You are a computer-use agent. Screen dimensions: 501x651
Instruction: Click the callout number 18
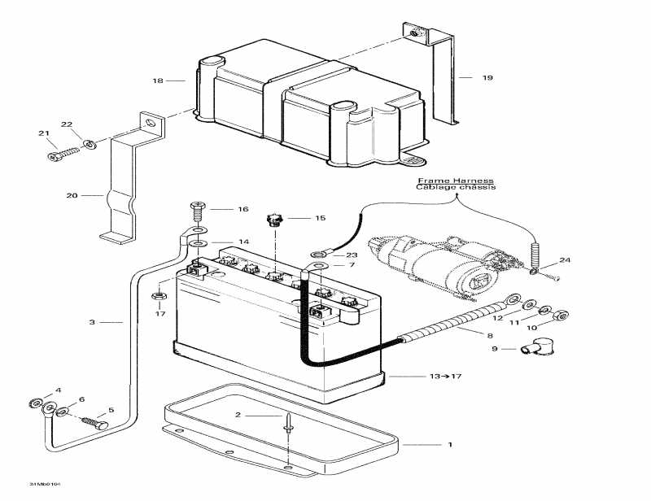point(158,81)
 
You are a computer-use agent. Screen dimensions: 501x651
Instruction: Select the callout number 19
point(487,78)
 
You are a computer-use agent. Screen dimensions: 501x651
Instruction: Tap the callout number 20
point(72,196)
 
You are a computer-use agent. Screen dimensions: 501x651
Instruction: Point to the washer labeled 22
point(90,144)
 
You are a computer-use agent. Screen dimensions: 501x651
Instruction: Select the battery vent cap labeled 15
point(273,219)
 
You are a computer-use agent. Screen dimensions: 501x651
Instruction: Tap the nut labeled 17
point(159,294)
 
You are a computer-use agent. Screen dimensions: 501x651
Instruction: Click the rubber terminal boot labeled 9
point(536,350)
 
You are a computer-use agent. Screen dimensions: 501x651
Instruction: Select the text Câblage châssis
point(456,187)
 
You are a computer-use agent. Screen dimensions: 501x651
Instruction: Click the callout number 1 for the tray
point(448,445)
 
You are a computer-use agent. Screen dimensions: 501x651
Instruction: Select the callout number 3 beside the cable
point(92,323)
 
